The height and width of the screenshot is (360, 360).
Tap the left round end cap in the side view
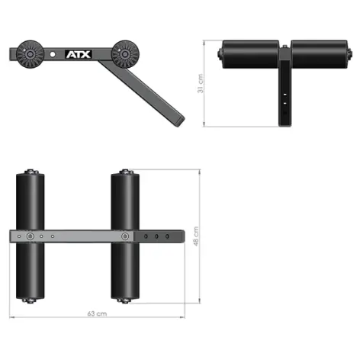click(33, 55)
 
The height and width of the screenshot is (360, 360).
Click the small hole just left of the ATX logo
click(53, 55)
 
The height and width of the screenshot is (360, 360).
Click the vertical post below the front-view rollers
click(284, 95)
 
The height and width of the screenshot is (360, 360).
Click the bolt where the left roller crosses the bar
click(31, 237)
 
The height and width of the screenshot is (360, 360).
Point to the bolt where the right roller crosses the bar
click(124, 237)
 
